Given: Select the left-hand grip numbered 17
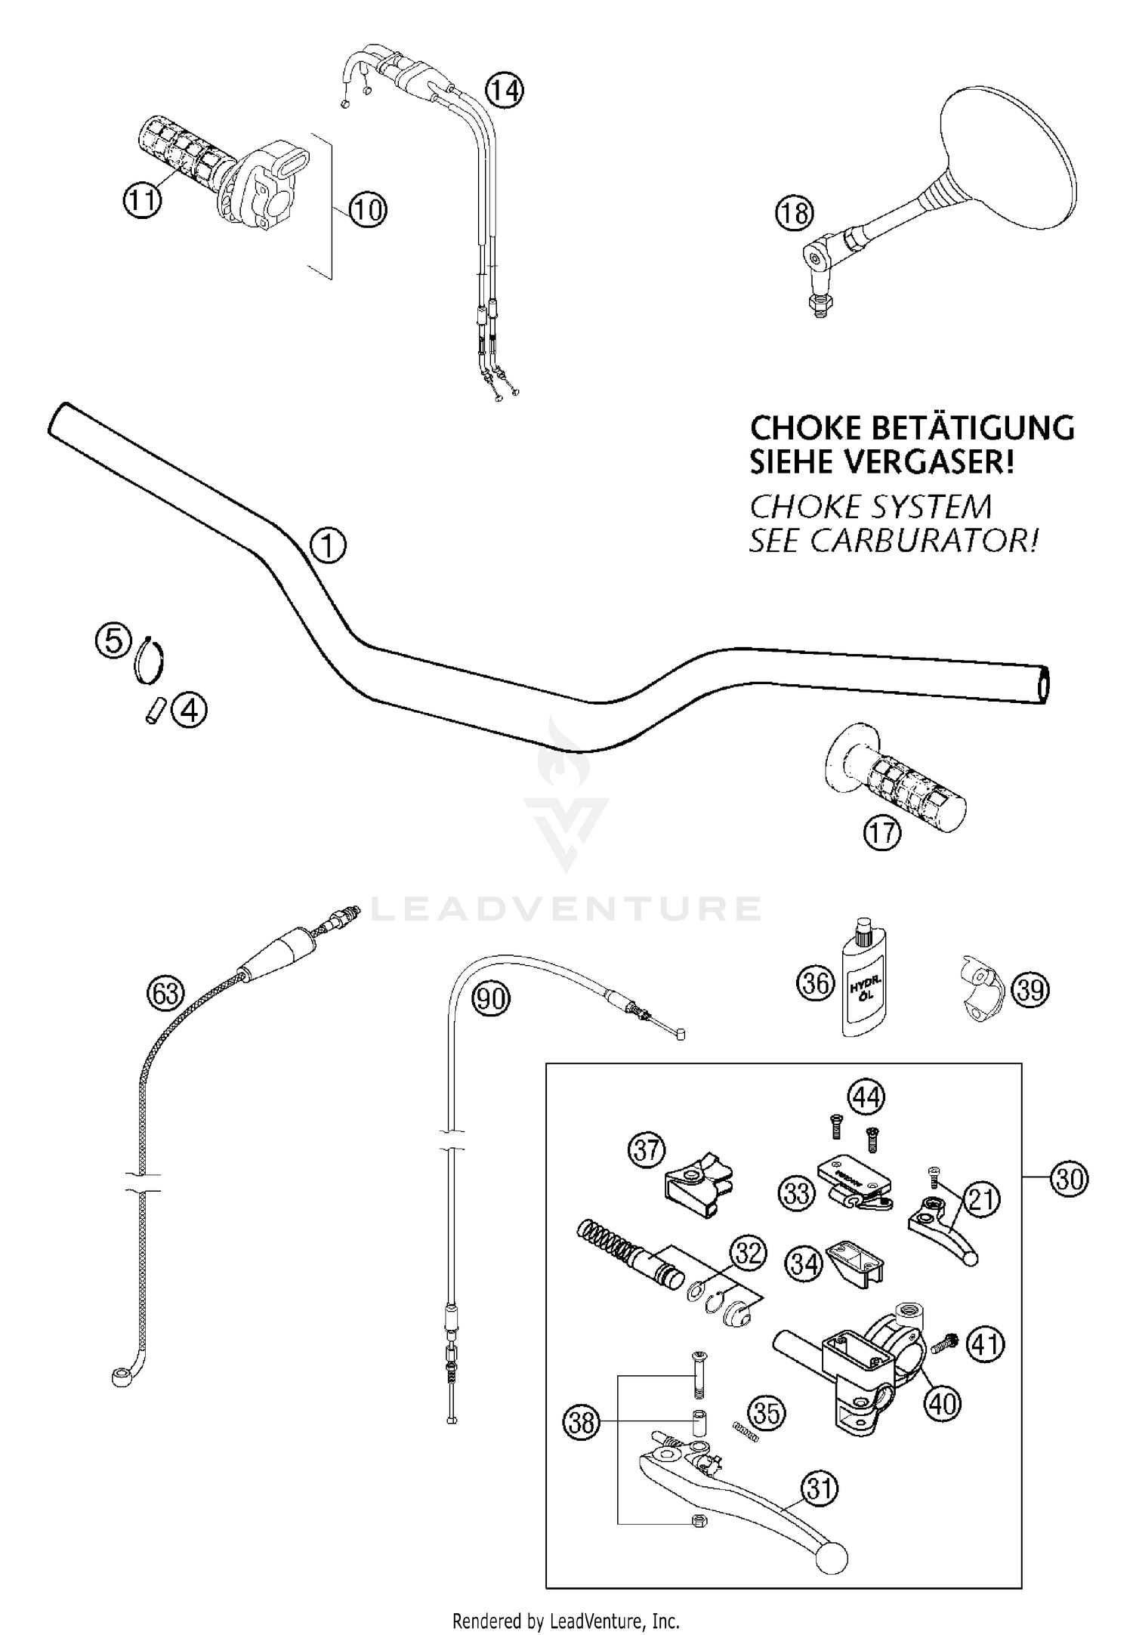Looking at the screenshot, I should click(906, 784).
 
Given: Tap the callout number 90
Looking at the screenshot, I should click(491, 999).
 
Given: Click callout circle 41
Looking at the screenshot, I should click(986, 1344).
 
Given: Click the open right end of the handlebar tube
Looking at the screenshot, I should click(1044, 686).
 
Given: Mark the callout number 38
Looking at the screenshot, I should click(581, 1423).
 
